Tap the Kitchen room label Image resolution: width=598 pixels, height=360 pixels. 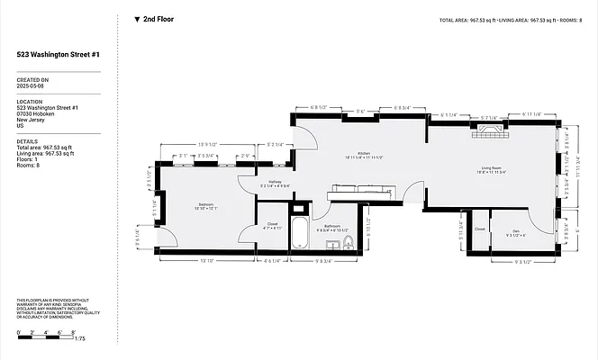coord(364,154)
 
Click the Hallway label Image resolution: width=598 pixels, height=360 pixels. coord(275,183)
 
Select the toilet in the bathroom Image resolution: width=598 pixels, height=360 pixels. coord(348,241)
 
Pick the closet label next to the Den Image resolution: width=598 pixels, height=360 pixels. coord(479,229)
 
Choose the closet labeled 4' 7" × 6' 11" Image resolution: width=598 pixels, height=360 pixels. coord(271,226)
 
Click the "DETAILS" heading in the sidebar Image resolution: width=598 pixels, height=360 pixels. coord(27,141)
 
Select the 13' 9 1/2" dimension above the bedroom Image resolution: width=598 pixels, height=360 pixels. coord(208,144)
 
